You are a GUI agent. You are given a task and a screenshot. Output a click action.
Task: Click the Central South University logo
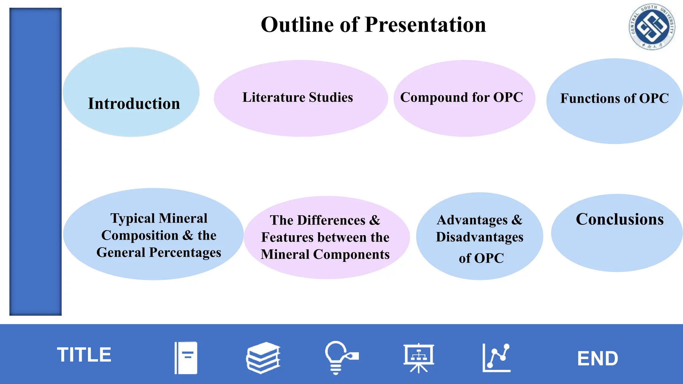coord(652,27)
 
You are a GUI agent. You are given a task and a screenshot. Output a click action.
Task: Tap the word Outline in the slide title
coord(297,25)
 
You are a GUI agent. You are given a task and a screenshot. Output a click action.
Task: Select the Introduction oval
coord(131,92)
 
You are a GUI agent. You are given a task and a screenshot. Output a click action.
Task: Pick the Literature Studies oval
coord(300,98)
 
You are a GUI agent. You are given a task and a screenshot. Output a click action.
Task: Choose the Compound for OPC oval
coord(464,98)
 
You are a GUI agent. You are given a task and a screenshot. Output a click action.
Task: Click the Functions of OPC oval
coord(614,101)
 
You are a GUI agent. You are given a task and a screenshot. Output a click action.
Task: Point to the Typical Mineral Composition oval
coord(153,234)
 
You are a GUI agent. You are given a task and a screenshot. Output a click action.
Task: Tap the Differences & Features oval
coord(326,237)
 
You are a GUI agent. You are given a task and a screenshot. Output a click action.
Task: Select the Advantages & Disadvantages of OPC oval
coord(479,236)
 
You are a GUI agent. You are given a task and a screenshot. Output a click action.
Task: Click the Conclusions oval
coord(617,233)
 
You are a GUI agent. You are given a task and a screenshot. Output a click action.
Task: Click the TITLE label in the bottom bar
coord(84,355)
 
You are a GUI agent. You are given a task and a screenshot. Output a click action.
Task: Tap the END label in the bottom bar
coord(597,359)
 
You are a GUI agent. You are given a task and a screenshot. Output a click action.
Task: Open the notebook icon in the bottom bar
coord(186,358)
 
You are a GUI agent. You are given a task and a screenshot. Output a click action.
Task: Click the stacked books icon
coord(263,358)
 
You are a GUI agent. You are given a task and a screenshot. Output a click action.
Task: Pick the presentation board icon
coord(419,358)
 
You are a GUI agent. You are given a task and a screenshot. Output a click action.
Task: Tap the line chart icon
coord(497,358)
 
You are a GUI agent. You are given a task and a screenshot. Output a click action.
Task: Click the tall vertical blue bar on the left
coord(35,162)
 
